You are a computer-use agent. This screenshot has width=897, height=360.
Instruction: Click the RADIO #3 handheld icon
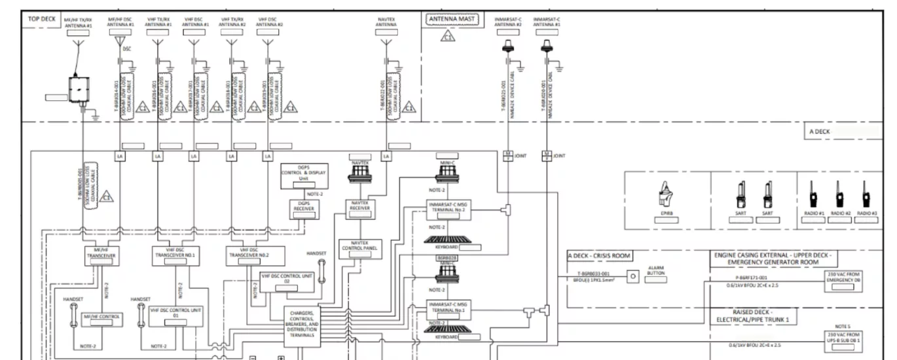click(x=866, y=195)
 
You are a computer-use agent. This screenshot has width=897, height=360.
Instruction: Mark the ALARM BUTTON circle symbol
click(x=632, y=276)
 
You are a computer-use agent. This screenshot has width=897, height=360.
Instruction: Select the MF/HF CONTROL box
click(x=101, y=318)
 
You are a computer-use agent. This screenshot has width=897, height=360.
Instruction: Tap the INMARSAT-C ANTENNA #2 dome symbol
click(x=507, y=47)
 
